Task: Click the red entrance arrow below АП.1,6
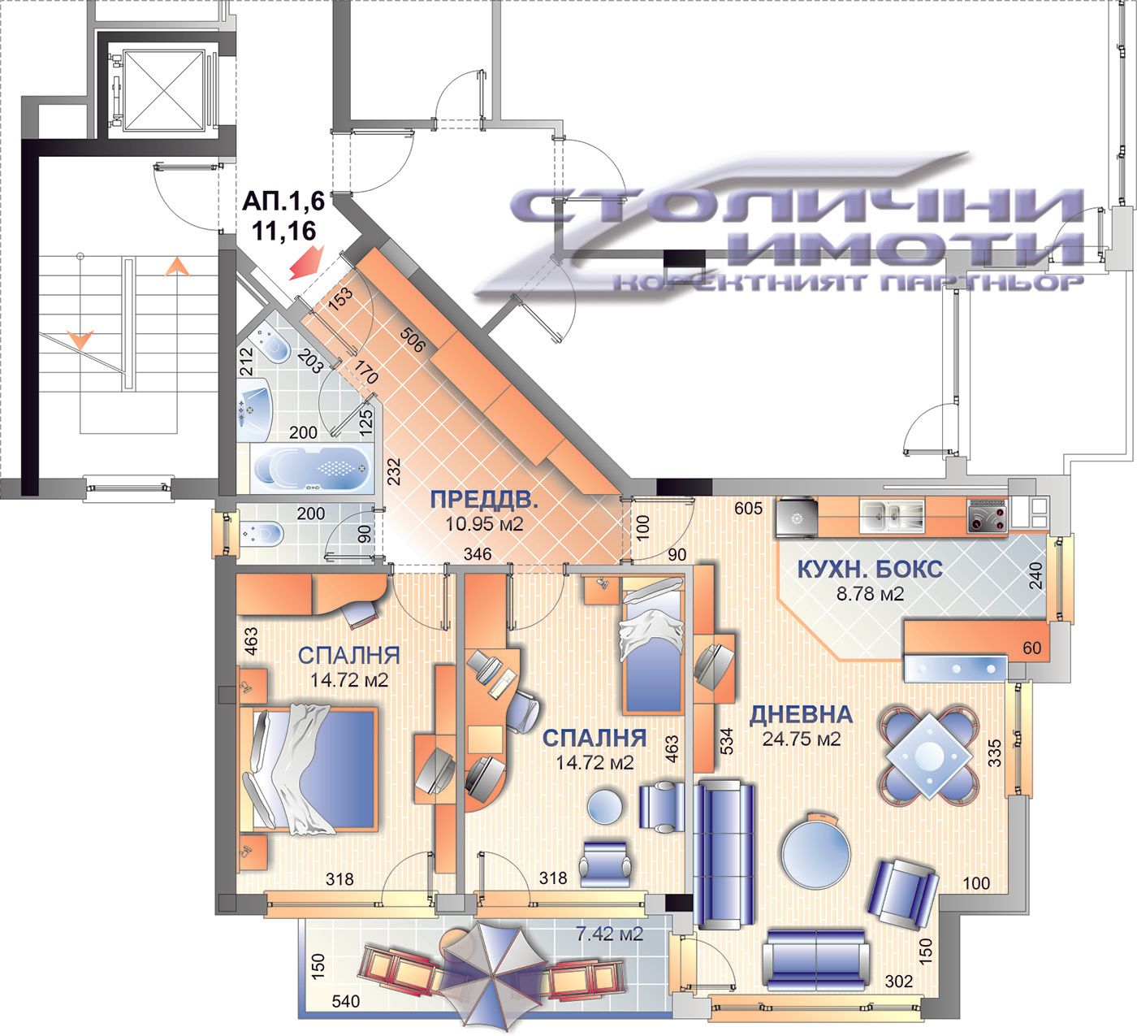[x=306, y=262]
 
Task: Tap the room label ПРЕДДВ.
[x=483, y=500]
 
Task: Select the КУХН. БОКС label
[x=870, y=569]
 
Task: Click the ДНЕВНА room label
[x=801, y=715]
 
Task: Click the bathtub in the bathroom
[x=313, y=469]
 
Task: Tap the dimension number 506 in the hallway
[x=413, y=340]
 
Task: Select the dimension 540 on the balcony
[x=345, y=1001]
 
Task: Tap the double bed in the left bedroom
[x=309, y=768]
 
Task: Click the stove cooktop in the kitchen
[x=988, y=516]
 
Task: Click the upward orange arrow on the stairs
[x=178, y=267]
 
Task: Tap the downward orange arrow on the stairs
[x=81, y=340]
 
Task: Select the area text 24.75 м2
[x=802, y=739]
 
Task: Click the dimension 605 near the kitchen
[x=748, y=509]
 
